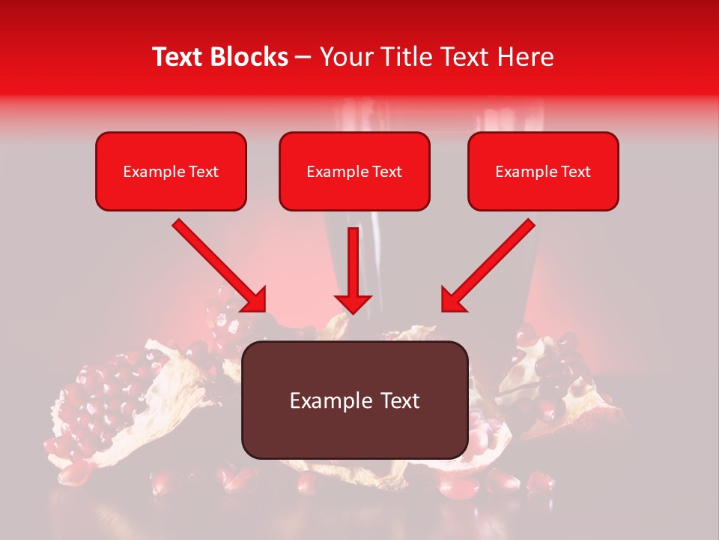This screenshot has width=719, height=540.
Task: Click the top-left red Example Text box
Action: point(171,171)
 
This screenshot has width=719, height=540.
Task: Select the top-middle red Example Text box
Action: point(354,171)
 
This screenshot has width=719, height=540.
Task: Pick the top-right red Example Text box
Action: point(543,171)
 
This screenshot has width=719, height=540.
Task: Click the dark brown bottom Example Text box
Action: point(354,400)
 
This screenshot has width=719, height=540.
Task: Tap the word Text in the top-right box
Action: point(576,172)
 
